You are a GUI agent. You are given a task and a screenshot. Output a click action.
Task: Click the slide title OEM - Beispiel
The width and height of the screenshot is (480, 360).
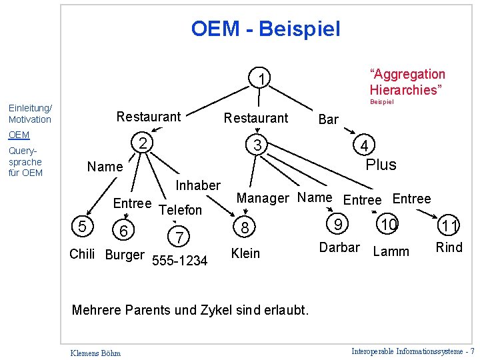tap(265, 29)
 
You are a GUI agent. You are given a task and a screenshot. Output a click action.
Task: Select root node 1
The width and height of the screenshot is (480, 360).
tap(263, 80)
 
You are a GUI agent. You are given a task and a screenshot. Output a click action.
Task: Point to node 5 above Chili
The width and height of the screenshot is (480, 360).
tap(82, 227)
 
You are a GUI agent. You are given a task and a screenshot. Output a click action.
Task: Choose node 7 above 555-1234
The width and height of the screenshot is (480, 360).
tap(179, 237)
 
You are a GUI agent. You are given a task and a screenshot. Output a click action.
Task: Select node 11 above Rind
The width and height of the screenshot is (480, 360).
tap(450, 227)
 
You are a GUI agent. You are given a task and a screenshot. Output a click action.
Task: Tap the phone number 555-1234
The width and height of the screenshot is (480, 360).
tap(180, 261)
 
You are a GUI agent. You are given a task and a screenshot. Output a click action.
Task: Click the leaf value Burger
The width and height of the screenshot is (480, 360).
tap(125, 255)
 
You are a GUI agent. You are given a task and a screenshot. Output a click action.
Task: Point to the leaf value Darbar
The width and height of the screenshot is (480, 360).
tap(339, 247)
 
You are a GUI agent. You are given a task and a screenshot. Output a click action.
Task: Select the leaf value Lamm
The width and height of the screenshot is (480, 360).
tap(391, 251)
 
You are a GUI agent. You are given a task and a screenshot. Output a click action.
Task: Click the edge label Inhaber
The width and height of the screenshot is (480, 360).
tap(197, 185)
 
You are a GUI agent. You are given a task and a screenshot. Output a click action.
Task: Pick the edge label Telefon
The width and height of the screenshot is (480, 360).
tap(181, 210)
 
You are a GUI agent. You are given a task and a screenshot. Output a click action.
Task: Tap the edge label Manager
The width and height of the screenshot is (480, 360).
tap(263, 198)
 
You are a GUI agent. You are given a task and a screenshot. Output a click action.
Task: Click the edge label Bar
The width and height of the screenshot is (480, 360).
tap(329, 120)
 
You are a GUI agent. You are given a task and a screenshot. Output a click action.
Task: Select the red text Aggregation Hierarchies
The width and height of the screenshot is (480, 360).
tap(407, 82)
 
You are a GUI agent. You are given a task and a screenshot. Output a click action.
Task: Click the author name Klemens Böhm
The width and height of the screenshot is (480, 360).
tap(94, 352)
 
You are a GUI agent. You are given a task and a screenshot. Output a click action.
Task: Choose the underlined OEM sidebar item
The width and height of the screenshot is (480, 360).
tap(19, 135)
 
